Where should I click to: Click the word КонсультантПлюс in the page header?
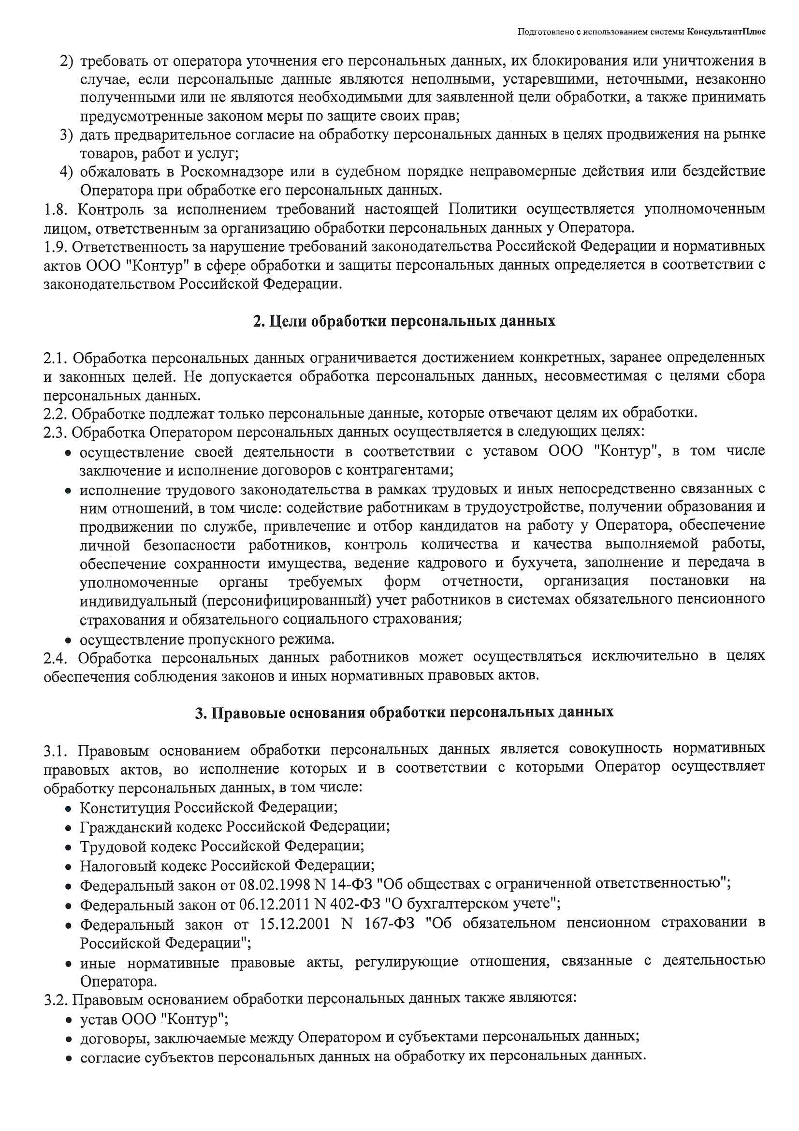(x=726, y=32)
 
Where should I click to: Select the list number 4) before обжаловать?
(x=66, y=172)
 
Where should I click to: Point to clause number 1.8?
(x=56, y=210)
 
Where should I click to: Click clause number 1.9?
(x=56, y=247)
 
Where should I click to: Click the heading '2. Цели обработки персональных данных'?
(x=404, y=321)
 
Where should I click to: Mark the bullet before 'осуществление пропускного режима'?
(x=69, y=641)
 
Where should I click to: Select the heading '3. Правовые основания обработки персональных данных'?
(x=404, y=713)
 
